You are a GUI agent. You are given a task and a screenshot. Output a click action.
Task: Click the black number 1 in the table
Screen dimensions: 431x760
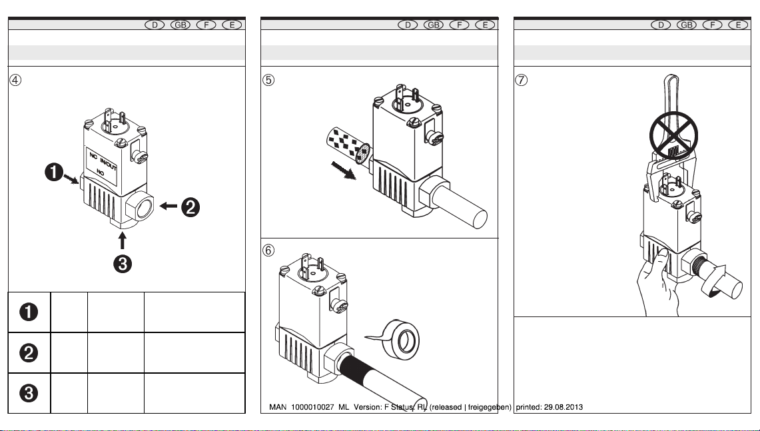pos(29,311)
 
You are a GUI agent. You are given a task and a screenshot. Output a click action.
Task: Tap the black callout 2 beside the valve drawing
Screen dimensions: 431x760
pos(190,208)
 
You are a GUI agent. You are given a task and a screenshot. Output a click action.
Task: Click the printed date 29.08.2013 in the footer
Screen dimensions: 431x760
pos(562,407)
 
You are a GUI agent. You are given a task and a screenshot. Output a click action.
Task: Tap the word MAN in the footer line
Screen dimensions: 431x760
pos(278,407)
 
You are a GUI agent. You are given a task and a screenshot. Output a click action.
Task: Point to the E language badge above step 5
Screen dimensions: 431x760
pos(486,25)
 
